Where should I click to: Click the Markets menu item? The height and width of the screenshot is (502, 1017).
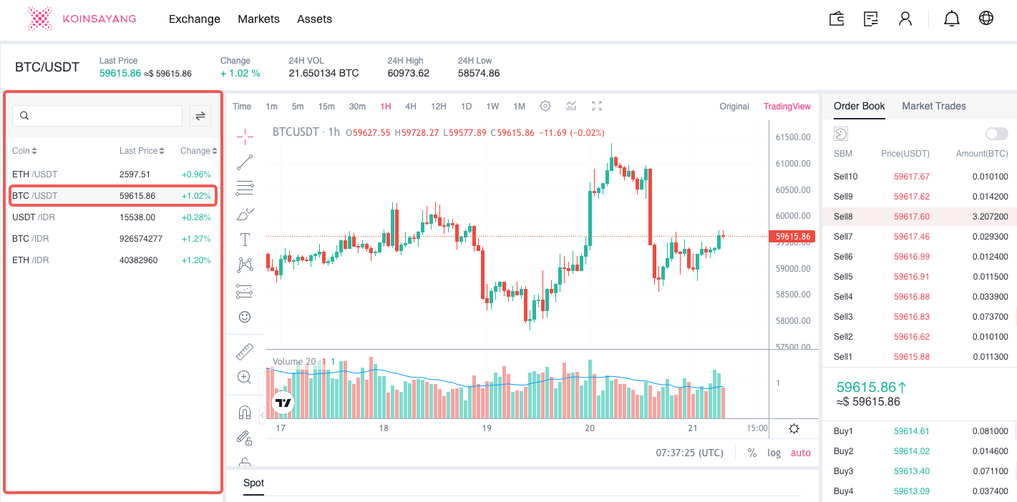[258, 19]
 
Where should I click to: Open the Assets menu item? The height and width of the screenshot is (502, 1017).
[314, 19]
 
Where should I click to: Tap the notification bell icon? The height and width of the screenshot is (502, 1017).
[951, 19]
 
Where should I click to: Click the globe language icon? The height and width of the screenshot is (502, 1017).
[986, 19]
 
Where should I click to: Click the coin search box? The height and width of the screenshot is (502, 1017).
[97, 116]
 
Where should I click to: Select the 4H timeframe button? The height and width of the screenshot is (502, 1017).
[411, 107]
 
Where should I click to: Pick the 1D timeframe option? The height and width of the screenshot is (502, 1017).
[466, 107]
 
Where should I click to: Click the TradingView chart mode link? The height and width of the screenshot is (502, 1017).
[787, 107]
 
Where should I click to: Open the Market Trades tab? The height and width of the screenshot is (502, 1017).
[933, 106]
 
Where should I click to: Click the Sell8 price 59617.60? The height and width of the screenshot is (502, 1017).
[911, 217]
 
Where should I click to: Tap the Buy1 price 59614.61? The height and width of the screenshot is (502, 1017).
[911, 431]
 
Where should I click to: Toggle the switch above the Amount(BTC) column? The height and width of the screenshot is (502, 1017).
[996, 134]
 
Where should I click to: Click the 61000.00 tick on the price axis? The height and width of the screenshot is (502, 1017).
[793, 164]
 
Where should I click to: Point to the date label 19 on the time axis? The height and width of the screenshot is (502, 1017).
[487, 428]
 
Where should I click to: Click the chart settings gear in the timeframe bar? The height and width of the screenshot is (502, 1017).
[545, 107]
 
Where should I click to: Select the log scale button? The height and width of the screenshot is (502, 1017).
[774, 453]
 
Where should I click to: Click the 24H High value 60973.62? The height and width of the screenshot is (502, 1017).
[408, 73]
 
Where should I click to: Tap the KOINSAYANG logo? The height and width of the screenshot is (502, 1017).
[82, 19]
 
